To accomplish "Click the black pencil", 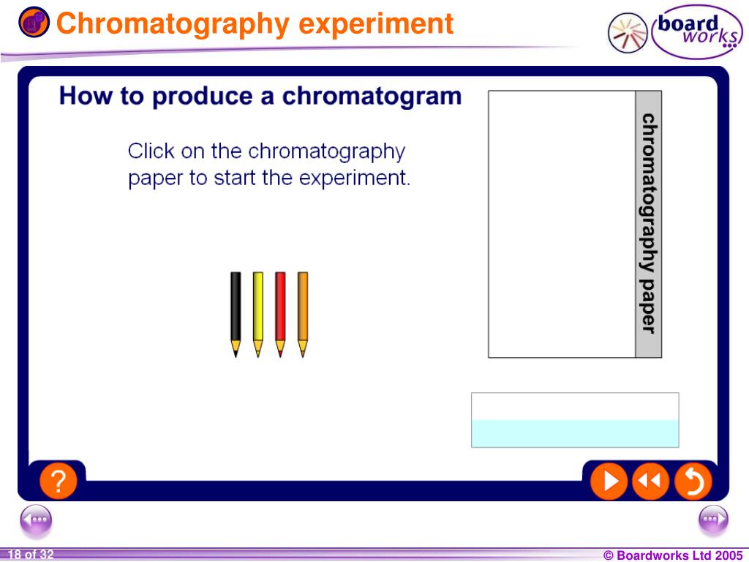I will [x=236, y=311].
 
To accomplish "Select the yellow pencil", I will [x=257, y=311].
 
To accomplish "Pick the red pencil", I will [x=280, y=311].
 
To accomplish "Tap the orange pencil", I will [x=303, y=311].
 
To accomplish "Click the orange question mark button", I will [x=58, y=481].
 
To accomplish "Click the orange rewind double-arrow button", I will [x=650, y=481].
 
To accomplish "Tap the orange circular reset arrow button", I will [x=692, y=481].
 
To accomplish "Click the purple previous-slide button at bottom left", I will [x=36, y=520].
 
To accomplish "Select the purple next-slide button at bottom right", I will [x=713, y=520].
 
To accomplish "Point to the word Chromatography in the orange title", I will [x=175, y=24].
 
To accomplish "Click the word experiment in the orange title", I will [x=377, y=24].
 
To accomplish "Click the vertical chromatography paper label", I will [x=648, y=223].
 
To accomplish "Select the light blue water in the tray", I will [x=575, y=433].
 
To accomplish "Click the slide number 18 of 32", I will [x=31, y=555].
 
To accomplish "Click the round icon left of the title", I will [x=34, y=23].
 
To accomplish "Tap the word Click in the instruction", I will [x=151, y=151].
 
